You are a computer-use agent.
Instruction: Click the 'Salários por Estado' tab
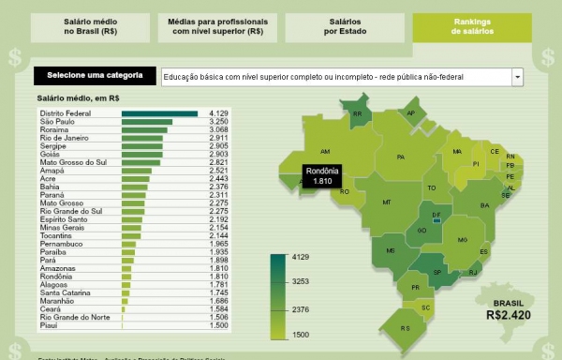coord(347,25)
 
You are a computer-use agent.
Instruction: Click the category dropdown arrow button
coord(517,76)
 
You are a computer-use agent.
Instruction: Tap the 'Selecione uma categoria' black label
coord(95,75)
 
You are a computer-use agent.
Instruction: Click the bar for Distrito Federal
coord(160,113)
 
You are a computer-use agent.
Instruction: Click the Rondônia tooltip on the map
coord(322,175)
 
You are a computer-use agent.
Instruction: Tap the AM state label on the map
coord(325,151)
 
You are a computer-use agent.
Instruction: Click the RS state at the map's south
coord(406,328)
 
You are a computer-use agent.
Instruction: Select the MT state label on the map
coord(386,202)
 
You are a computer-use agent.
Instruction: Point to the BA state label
coord(484,205)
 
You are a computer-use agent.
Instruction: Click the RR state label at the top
coord(357,115)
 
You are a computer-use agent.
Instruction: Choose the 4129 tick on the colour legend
coord(302,256)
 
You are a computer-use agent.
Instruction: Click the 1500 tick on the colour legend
coord(302,335)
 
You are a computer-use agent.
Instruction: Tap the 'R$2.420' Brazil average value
coord(509,315)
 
